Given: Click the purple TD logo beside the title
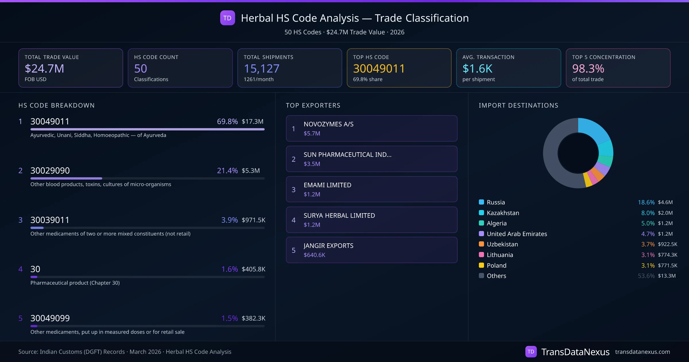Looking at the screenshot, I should click(227, 18).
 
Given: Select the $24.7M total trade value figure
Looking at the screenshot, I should click(44, 69).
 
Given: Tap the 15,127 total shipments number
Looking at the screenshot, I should click(261, 69).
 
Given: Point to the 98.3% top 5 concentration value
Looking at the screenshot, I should click(588, 69).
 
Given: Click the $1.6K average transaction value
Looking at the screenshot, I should click(477, 69).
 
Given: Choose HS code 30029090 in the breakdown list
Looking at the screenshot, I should click(50, 171).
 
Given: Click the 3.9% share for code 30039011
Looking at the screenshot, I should click(229, 220).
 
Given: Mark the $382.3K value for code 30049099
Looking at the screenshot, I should click(253, 318).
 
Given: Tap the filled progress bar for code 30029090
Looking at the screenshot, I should click(66, 178).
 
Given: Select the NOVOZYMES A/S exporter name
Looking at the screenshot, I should click(328, 124).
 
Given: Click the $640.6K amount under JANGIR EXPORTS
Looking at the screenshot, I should click(314, 255).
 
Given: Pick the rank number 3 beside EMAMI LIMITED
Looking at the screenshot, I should click(293, 190).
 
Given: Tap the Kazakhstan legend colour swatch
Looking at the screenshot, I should click(481, 213).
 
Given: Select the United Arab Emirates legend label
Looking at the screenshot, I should click(517, 234).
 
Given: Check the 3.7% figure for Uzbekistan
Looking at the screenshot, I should click(648, 244).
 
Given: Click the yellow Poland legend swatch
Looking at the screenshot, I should click(481, 265).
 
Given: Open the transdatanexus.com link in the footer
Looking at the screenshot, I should click(642, 352).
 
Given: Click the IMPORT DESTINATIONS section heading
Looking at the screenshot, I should click(518, 105).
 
